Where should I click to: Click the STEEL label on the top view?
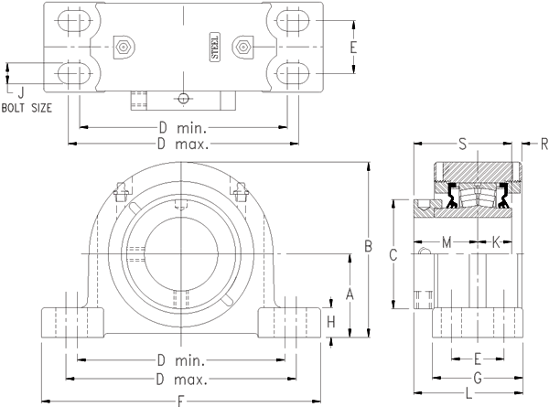click(x=216, y=47)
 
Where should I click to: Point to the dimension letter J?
click(x=20, y=91)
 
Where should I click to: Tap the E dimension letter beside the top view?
click(x=353, y=47)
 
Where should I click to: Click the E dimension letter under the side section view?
click(x=478, y=359)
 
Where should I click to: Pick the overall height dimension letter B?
click(x=368, y=245)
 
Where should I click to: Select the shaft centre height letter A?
click(x=349, y=293)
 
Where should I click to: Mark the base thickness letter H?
click(x=331, y=322)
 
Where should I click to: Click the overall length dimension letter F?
click(x=181, y=400)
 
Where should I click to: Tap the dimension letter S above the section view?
click(x=462, y=145)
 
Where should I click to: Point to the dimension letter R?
click(x=543, y=145)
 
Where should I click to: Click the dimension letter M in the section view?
click(x=447, y=241)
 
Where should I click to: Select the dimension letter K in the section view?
click(x=495, y=241)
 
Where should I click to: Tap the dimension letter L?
click(x=468, y=393)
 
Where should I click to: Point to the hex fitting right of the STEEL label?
click(x=242, y=47)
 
